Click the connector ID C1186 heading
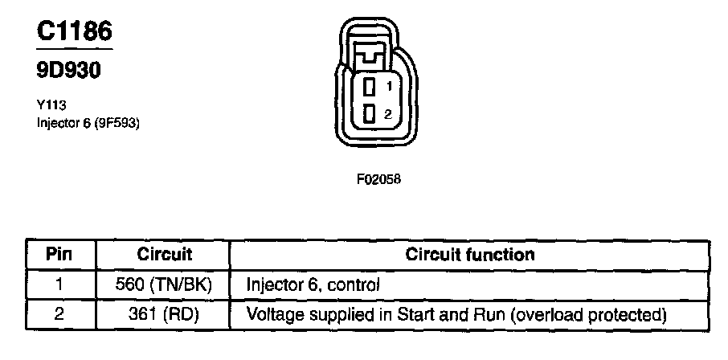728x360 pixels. [x=75, y=31]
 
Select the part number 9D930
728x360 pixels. [x=70, y=70]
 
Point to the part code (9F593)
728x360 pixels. [x=116, y=123]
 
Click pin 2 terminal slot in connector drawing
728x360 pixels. [x=369, y=114]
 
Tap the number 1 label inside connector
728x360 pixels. [x=388, y=86]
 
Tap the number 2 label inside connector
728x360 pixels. [x=388, y=114]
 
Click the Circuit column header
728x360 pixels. [x=164, y=255]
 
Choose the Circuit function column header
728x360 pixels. [x=470, y=255]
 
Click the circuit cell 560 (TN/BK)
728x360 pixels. [x=164, y=284]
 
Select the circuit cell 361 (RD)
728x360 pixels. [x=164, y=313]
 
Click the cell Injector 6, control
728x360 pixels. [x=313, y=284]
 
